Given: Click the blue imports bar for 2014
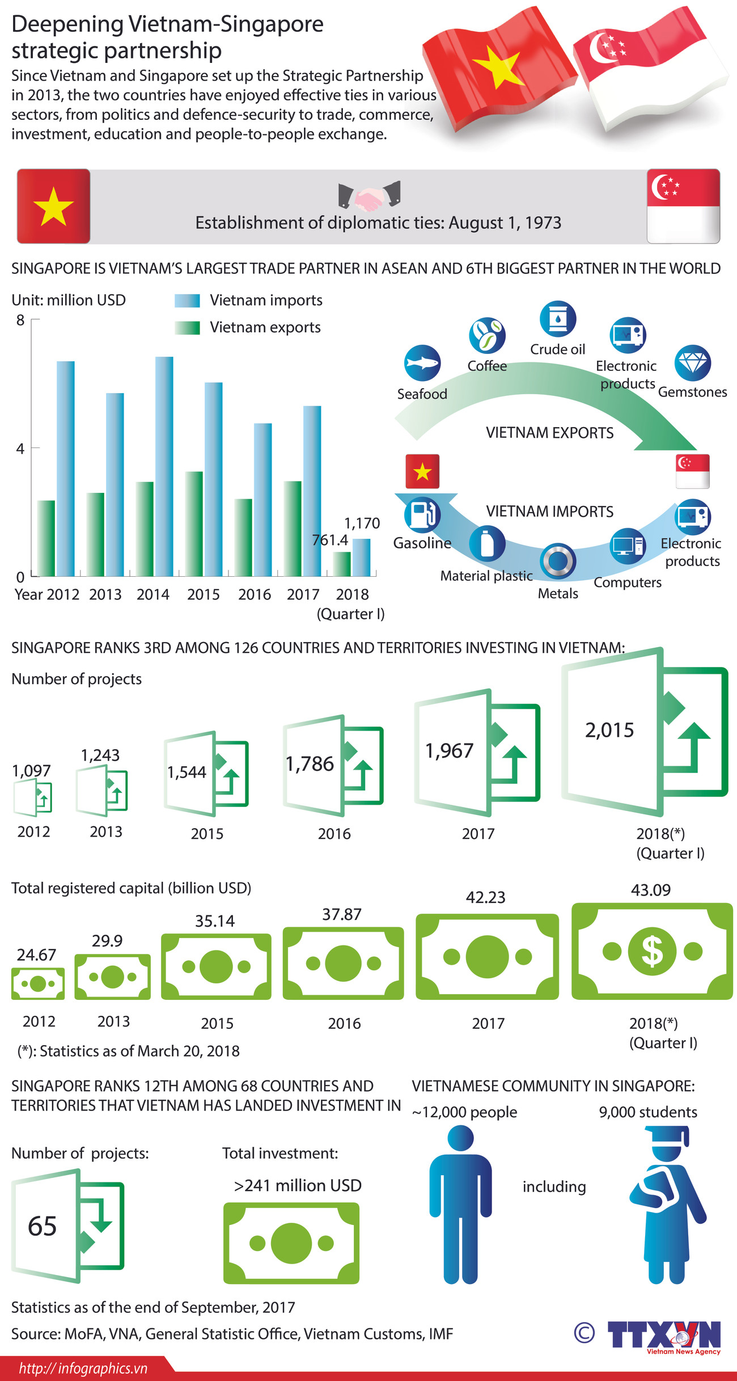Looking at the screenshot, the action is pos(164,467).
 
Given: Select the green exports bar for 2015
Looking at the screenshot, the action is pos(194,524).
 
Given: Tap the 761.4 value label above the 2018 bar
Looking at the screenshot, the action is pos(330,540).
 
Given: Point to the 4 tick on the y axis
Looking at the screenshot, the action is pos(20,449).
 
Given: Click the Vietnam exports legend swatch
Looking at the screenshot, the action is pos(187,328).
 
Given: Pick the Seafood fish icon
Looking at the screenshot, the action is pos(422,363).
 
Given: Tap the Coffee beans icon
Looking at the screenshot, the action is pos(487,335).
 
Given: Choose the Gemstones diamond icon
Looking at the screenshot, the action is pos(693,363).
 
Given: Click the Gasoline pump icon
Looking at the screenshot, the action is pos(422,514).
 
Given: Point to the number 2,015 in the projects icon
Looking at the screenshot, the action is pos(609,730).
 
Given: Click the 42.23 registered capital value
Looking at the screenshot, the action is pos(485,897).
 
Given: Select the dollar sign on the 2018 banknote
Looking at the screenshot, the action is pos(653,951).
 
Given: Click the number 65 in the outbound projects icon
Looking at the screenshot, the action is pos(43,1226).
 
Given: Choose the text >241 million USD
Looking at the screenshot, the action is pos(298,1185).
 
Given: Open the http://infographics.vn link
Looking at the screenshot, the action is pos(83,1369).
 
